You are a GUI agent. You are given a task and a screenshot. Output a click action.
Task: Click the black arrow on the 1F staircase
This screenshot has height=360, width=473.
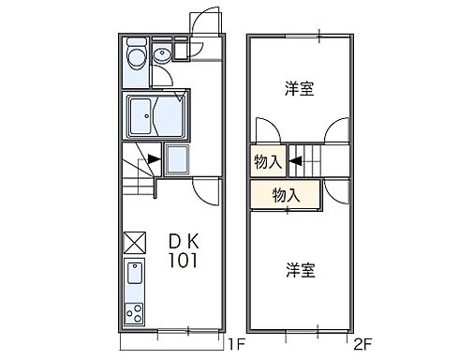click(x=152, y=160)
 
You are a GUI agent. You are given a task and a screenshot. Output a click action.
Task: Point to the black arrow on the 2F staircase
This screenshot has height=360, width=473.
click(x=294, y=160)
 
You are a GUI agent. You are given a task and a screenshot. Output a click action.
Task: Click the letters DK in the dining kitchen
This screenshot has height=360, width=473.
click(x=185, y=241)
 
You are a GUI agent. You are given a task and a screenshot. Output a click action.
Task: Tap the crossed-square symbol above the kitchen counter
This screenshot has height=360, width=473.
click(x=134, y=241)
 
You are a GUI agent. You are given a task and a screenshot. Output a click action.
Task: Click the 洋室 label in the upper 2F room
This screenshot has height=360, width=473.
click(x=300, y=90)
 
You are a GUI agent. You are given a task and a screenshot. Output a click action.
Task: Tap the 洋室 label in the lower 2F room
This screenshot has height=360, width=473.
click(x=300, y=270)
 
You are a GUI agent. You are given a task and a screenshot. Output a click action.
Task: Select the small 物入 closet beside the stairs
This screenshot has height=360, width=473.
click(x=267, y=161)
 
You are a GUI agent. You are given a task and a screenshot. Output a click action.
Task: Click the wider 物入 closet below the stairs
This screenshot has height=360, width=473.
click(x=285, y=195)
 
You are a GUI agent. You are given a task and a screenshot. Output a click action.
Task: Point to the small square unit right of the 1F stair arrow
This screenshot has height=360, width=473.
click(x=178, y=159)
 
